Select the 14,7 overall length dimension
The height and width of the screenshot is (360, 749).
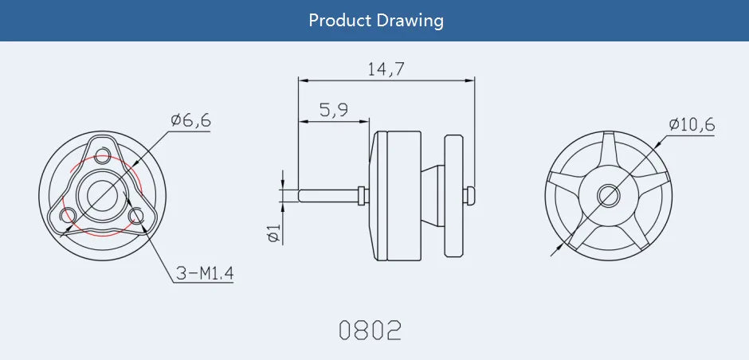[386, 69]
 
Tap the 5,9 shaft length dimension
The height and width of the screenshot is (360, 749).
[333, 111]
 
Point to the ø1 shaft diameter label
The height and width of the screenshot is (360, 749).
[273, 233]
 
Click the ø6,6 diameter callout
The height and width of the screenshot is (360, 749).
[190, 120]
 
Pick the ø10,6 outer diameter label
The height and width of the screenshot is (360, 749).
[692, 124]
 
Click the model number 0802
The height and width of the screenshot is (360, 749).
[370, 330]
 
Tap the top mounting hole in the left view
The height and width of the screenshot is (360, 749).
[101, 155]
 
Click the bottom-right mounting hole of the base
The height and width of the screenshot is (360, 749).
[135, 213]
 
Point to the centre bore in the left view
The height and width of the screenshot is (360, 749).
[101, 194]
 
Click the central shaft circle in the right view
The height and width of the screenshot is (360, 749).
[609, 194]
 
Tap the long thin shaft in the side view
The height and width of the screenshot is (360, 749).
[327, 194]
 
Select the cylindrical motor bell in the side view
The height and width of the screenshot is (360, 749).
[390, 195]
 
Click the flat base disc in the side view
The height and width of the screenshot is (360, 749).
[454, 195]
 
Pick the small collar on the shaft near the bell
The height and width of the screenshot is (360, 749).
[363, 194]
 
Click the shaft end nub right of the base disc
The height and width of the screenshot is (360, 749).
[471, 194]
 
